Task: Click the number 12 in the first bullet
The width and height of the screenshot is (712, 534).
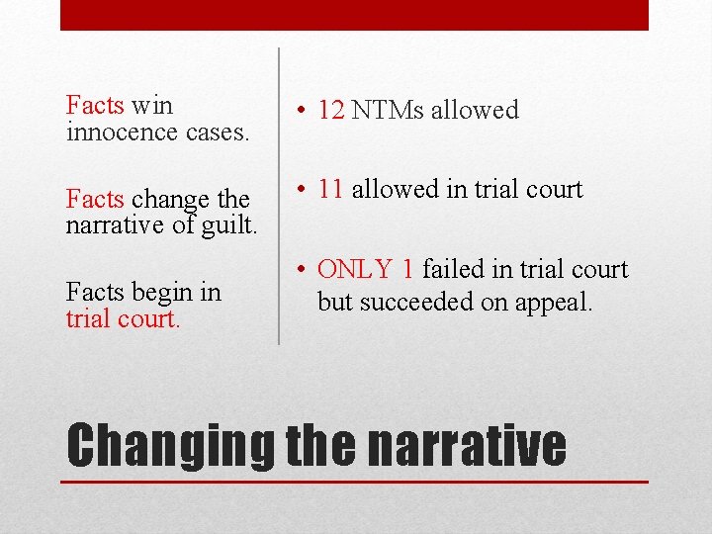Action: (331, 110)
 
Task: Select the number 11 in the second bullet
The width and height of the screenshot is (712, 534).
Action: (331, 189)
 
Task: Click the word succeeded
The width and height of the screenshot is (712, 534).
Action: (419, 303)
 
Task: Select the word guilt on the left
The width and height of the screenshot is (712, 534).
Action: (227, 224)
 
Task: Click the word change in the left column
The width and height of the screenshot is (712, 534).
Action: (165, 200)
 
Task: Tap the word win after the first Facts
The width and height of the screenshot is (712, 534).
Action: (151, 104)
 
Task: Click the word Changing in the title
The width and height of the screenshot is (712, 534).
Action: (170, 446)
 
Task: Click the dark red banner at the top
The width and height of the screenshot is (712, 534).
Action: (354, 14)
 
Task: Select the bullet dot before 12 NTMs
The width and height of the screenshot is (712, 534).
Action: (301, 111)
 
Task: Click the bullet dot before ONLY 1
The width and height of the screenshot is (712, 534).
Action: (301, 270)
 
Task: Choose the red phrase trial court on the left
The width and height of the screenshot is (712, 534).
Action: (123, 320)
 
